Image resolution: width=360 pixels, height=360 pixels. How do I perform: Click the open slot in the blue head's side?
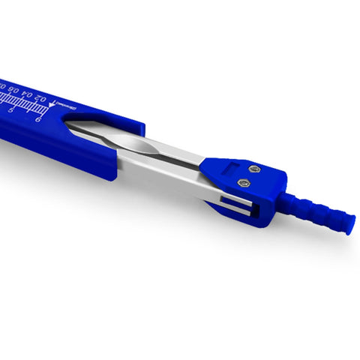click(x=232, y=203)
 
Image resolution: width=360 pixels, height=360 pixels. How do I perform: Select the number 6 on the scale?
click(x=48, y=120)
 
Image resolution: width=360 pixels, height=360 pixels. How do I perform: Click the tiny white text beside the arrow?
click(x=66, y=110)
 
